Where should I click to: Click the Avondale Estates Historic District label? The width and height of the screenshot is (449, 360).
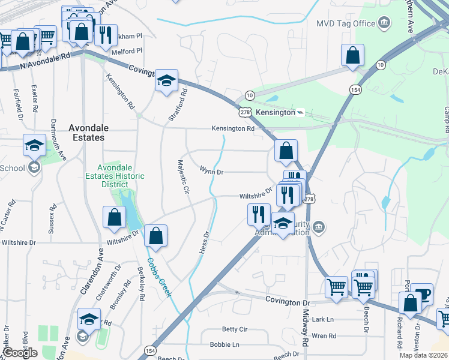click(115, 176)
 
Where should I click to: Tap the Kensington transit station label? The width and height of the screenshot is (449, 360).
click(276, 112)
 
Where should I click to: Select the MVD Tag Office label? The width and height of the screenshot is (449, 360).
click(345, 23)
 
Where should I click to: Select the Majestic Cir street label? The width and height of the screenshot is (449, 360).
click(184, 177)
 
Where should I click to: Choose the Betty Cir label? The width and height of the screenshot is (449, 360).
click(235, 329)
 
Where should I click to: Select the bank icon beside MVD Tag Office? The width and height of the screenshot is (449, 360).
click(384, 23)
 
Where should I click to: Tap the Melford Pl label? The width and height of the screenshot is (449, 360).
click(127, 52)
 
